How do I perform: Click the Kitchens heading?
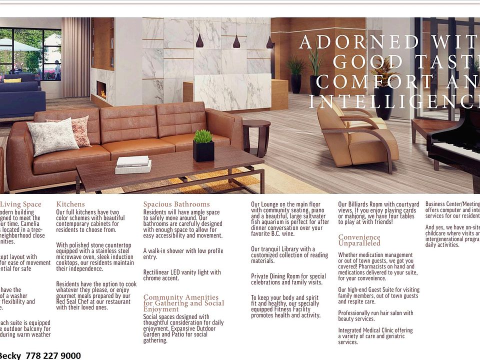70,204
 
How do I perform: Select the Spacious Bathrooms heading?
176,204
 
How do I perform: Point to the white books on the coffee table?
133,164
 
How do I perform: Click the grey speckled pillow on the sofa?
52,136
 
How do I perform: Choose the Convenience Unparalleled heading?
359,240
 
